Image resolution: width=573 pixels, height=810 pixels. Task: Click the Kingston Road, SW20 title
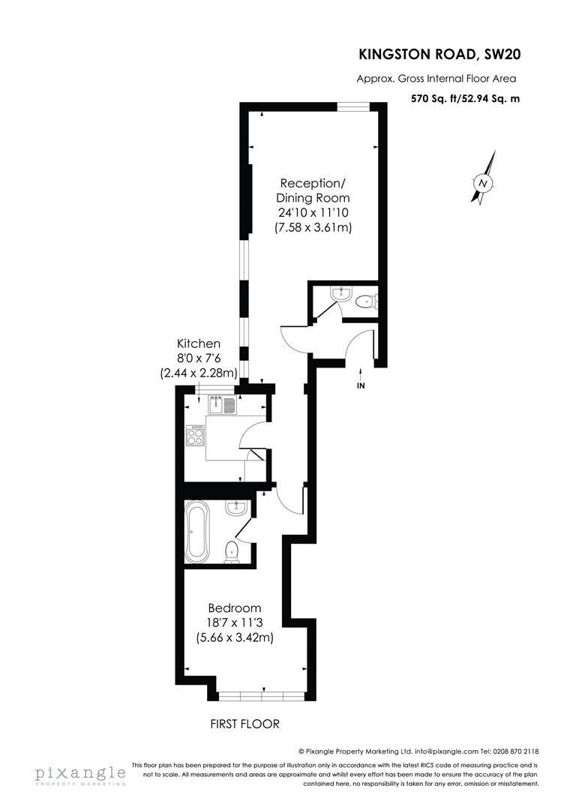pyautogui.click(x=439, y=54)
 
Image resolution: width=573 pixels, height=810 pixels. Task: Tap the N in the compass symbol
pyautogui.click(x=483, y=184)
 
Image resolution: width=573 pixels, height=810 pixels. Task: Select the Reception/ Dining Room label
pyautogui.click(x=313, y=190)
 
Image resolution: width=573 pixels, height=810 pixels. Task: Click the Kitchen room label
pyautogui.click(x=199, y=343)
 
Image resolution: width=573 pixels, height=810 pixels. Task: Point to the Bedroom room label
pyautogui.click(x=235, y=608)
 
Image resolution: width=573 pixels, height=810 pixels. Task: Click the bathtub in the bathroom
pyautogui.click(x=197, y=532)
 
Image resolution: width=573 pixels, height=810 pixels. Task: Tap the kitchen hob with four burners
pyautogui.click(x=195, y=436)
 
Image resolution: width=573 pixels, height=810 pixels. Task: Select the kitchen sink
pyautogui.click(x=222, y=404)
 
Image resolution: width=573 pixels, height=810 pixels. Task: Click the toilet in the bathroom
pyautogui.click(x=231, y=552)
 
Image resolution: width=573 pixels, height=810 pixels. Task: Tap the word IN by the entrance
pyautogui.click(x=361, y=385)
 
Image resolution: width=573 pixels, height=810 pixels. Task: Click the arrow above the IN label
pyautogui.click(x=361, y=373)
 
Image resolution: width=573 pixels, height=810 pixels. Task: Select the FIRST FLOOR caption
pyautogui.click(x=245, y=724)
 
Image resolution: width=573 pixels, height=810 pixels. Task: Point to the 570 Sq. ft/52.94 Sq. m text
pyautogui.click(x=465, y=98)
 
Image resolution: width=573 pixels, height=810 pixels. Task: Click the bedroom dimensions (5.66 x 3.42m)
pyautogui.click(x=235, y=637)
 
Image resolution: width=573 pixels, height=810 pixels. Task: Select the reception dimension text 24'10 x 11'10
pyautogui.click(x=313, y=212)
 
